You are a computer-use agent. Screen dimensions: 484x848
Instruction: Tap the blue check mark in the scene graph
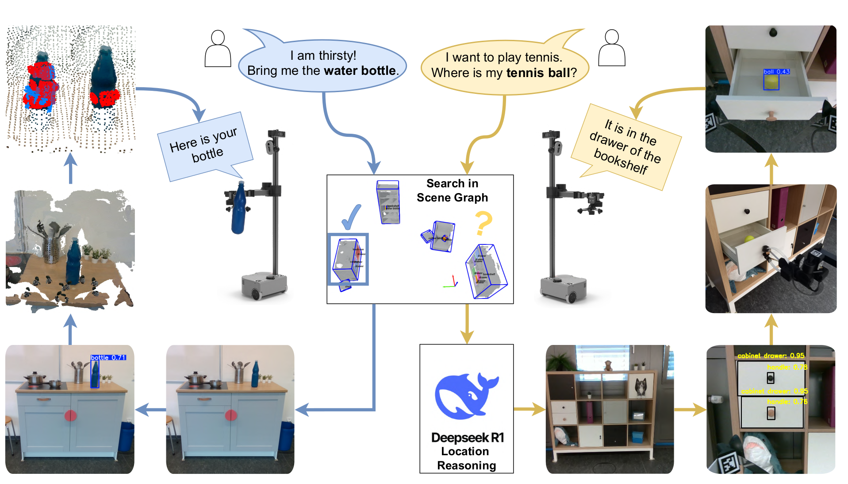pos(352,217)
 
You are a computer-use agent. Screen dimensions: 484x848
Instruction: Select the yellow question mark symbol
pos(483,224)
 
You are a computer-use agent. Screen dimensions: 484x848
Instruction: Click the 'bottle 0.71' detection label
pos(108,357)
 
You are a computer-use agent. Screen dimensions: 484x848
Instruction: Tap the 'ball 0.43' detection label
pos(776,72)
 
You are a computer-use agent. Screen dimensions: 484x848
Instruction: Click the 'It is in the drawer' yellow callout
pos(626,146)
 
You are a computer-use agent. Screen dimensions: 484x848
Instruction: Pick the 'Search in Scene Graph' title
pos(452,190)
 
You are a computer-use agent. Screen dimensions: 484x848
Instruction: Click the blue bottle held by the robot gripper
pos(238,208)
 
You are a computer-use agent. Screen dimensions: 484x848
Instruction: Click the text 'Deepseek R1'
pos(467,438)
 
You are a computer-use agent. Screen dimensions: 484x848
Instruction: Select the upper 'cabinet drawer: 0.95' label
pos(771,356)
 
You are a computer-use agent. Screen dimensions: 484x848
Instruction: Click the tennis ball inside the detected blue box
pos(771,81)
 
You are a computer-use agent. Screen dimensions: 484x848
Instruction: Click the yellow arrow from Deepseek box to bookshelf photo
pos(529,409)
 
